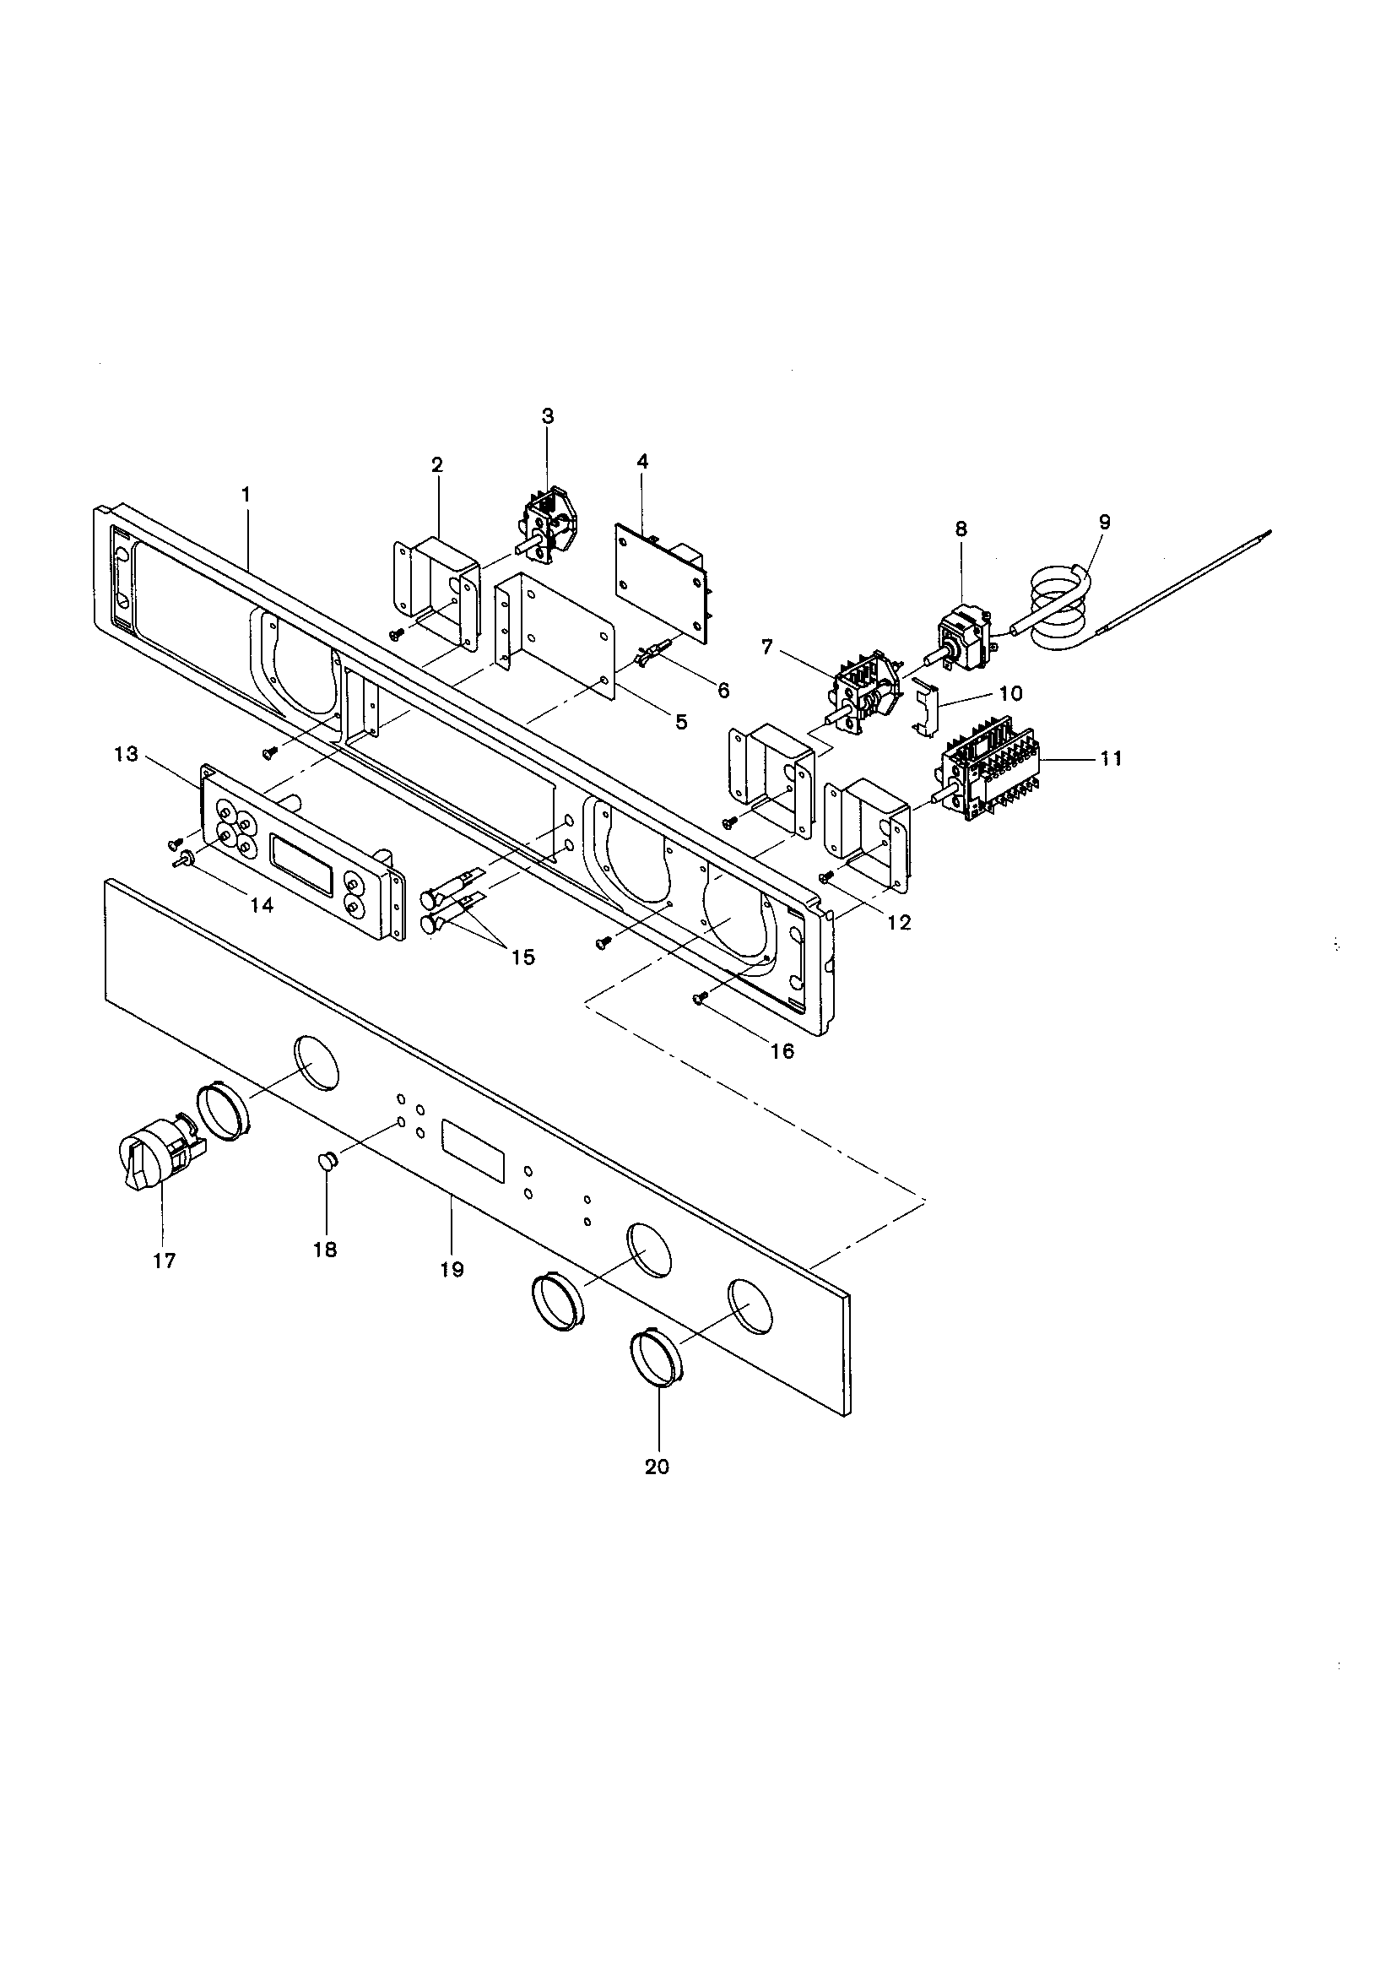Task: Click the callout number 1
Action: (x=246, y=495)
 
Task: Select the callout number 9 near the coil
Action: (x=1104, y=522)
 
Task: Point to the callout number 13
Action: (x=126, y=754)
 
